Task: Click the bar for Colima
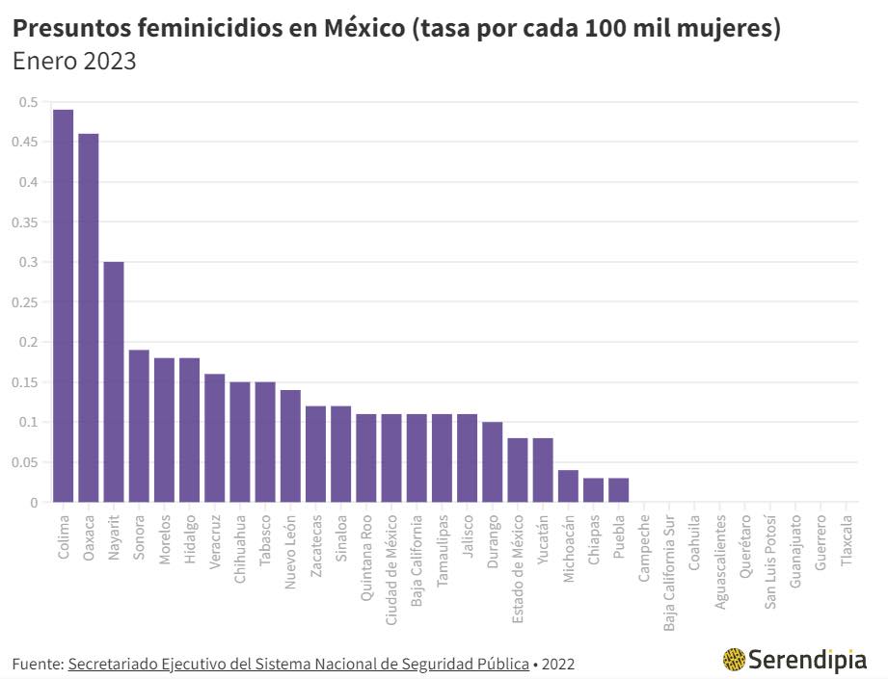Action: (x=63, y=305)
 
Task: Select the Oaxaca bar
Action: (x=88, y=318)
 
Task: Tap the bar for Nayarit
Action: (x=114, y=381)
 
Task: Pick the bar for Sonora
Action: (x=139, y=426)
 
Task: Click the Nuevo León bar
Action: (x=290, y=446)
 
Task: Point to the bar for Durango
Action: (x=492, y=462)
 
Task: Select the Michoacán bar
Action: (x=568, y=486)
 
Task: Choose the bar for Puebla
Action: (x=618, y=490)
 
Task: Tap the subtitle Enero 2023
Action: (x=74, y=62)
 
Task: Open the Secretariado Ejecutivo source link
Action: (x=298, y=664)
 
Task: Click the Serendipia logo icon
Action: (x=734, y=660)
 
